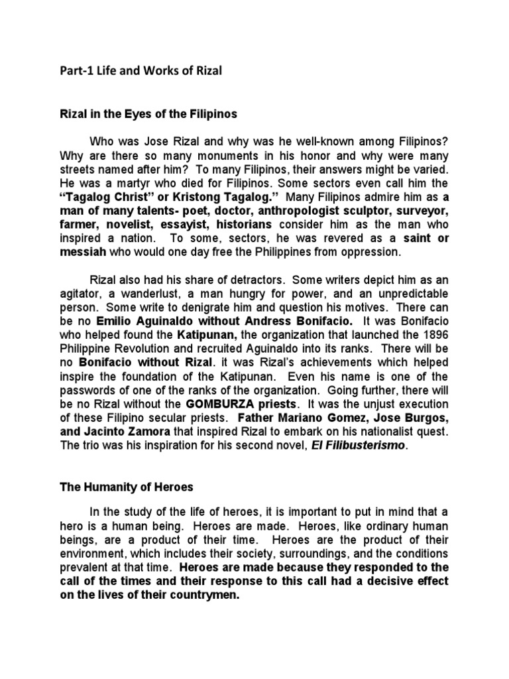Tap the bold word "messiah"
(x=82, y=252)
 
